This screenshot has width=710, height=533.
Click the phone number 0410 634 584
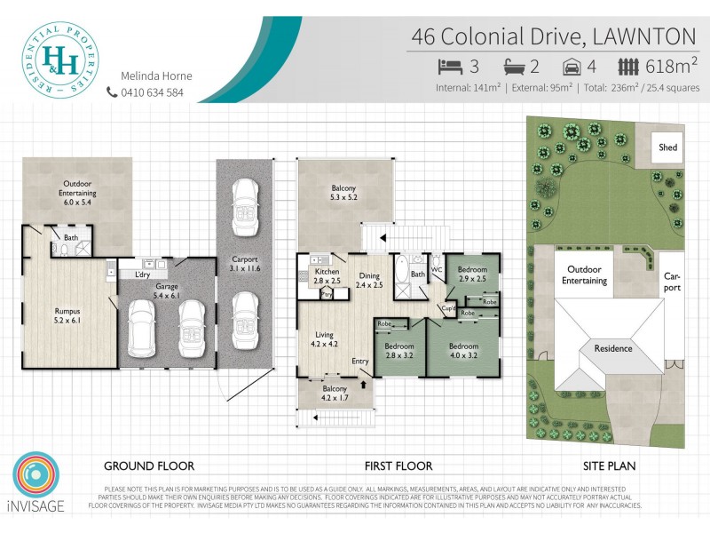coord(152,91)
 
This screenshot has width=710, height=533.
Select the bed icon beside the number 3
coord(449,66)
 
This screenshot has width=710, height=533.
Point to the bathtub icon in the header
coord(516,66)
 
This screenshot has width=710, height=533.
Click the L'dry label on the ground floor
coord(142,274)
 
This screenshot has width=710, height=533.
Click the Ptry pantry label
coord(327,293)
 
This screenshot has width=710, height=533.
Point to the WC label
coord(437,267)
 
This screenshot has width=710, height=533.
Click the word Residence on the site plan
coord(613,348)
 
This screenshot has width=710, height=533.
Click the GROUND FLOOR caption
coord(149,465)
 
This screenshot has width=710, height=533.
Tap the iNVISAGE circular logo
coord(37,479)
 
